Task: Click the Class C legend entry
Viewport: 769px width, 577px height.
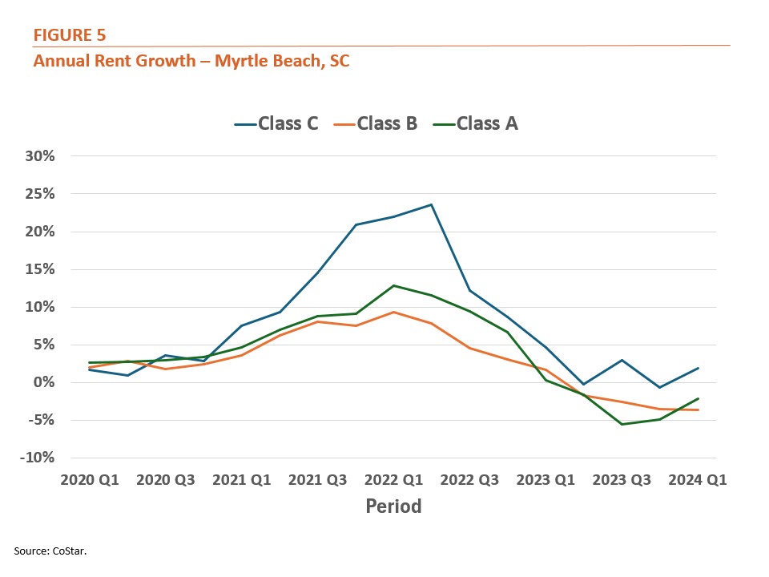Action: pos(277,123)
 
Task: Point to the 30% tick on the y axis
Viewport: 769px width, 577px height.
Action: pos(38,156)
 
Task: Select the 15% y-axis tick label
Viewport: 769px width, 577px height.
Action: pos(38,269)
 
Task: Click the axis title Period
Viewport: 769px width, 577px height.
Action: pos(393,506)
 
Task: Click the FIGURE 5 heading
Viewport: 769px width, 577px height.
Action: pos(70,35)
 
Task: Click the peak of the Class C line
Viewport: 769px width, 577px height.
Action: pos(432,204)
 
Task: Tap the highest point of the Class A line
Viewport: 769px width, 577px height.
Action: pos(393,285)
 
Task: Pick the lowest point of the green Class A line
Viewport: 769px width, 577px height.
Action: pos(622,424)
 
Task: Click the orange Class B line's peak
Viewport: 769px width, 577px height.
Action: pos(393,312)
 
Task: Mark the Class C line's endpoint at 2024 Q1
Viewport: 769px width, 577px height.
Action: pos(698,368)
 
